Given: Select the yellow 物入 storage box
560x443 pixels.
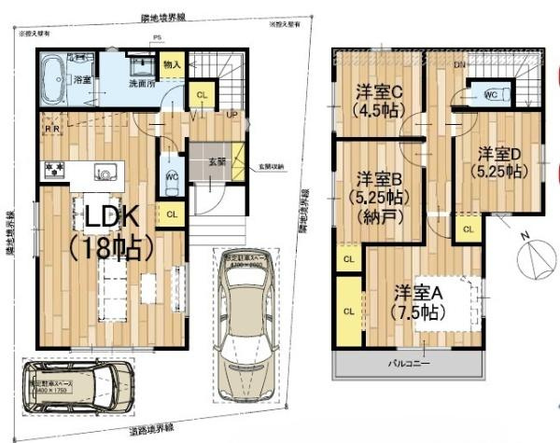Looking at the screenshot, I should tap(172, 65).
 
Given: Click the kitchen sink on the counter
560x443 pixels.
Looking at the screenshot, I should tap(105, 172).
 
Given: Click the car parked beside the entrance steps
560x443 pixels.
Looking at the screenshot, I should tap(246, 322).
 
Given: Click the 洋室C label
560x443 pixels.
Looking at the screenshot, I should tap(378, 91).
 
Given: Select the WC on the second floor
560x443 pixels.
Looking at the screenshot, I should tap(492, 94).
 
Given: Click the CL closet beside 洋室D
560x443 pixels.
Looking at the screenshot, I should tap(468, 228).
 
